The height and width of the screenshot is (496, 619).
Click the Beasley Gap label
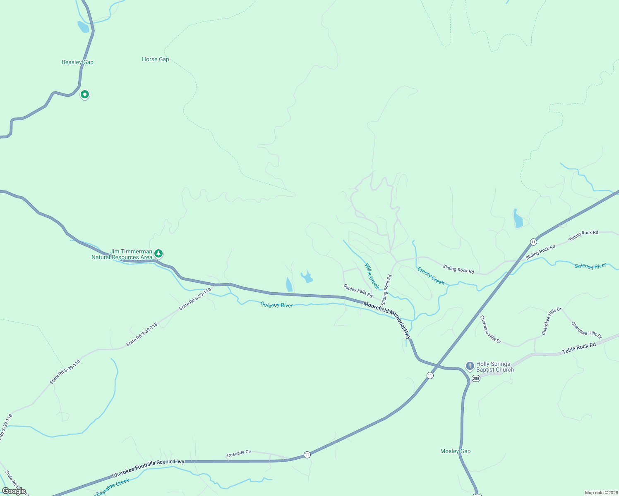[77, 62]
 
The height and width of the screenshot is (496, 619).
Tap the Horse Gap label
[155, 60]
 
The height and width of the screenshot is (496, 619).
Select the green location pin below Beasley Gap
[84, 95]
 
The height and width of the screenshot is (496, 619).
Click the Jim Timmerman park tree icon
[158, 253]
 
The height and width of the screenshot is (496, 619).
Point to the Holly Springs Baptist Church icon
[470, 366]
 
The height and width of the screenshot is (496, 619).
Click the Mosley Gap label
[455, 451]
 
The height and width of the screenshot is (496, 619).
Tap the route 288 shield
[476, 379]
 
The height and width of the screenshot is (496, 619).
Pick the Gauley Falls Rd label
[358, 291]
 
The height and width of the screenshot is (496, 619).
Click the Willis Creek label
[372, 276]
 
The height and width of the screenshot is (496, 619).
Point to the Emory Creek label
[431, 276]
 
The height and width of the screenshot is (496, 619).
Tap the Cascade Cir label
[239, 453]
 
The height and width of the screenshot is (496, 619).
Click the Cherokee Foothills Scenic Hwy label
[148, 469]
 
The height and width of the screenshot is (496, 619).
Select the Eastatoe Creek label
[113, 486]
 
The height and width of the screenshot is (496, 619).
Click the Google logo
[14, 491]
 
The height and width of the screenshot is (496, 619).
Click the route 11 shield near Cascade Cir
[307, 455]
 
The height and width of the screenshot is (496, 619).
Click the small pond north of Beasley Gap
[83, 27]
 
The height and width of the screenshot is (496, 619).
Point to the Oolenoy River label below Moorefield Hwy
[276, 305]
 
